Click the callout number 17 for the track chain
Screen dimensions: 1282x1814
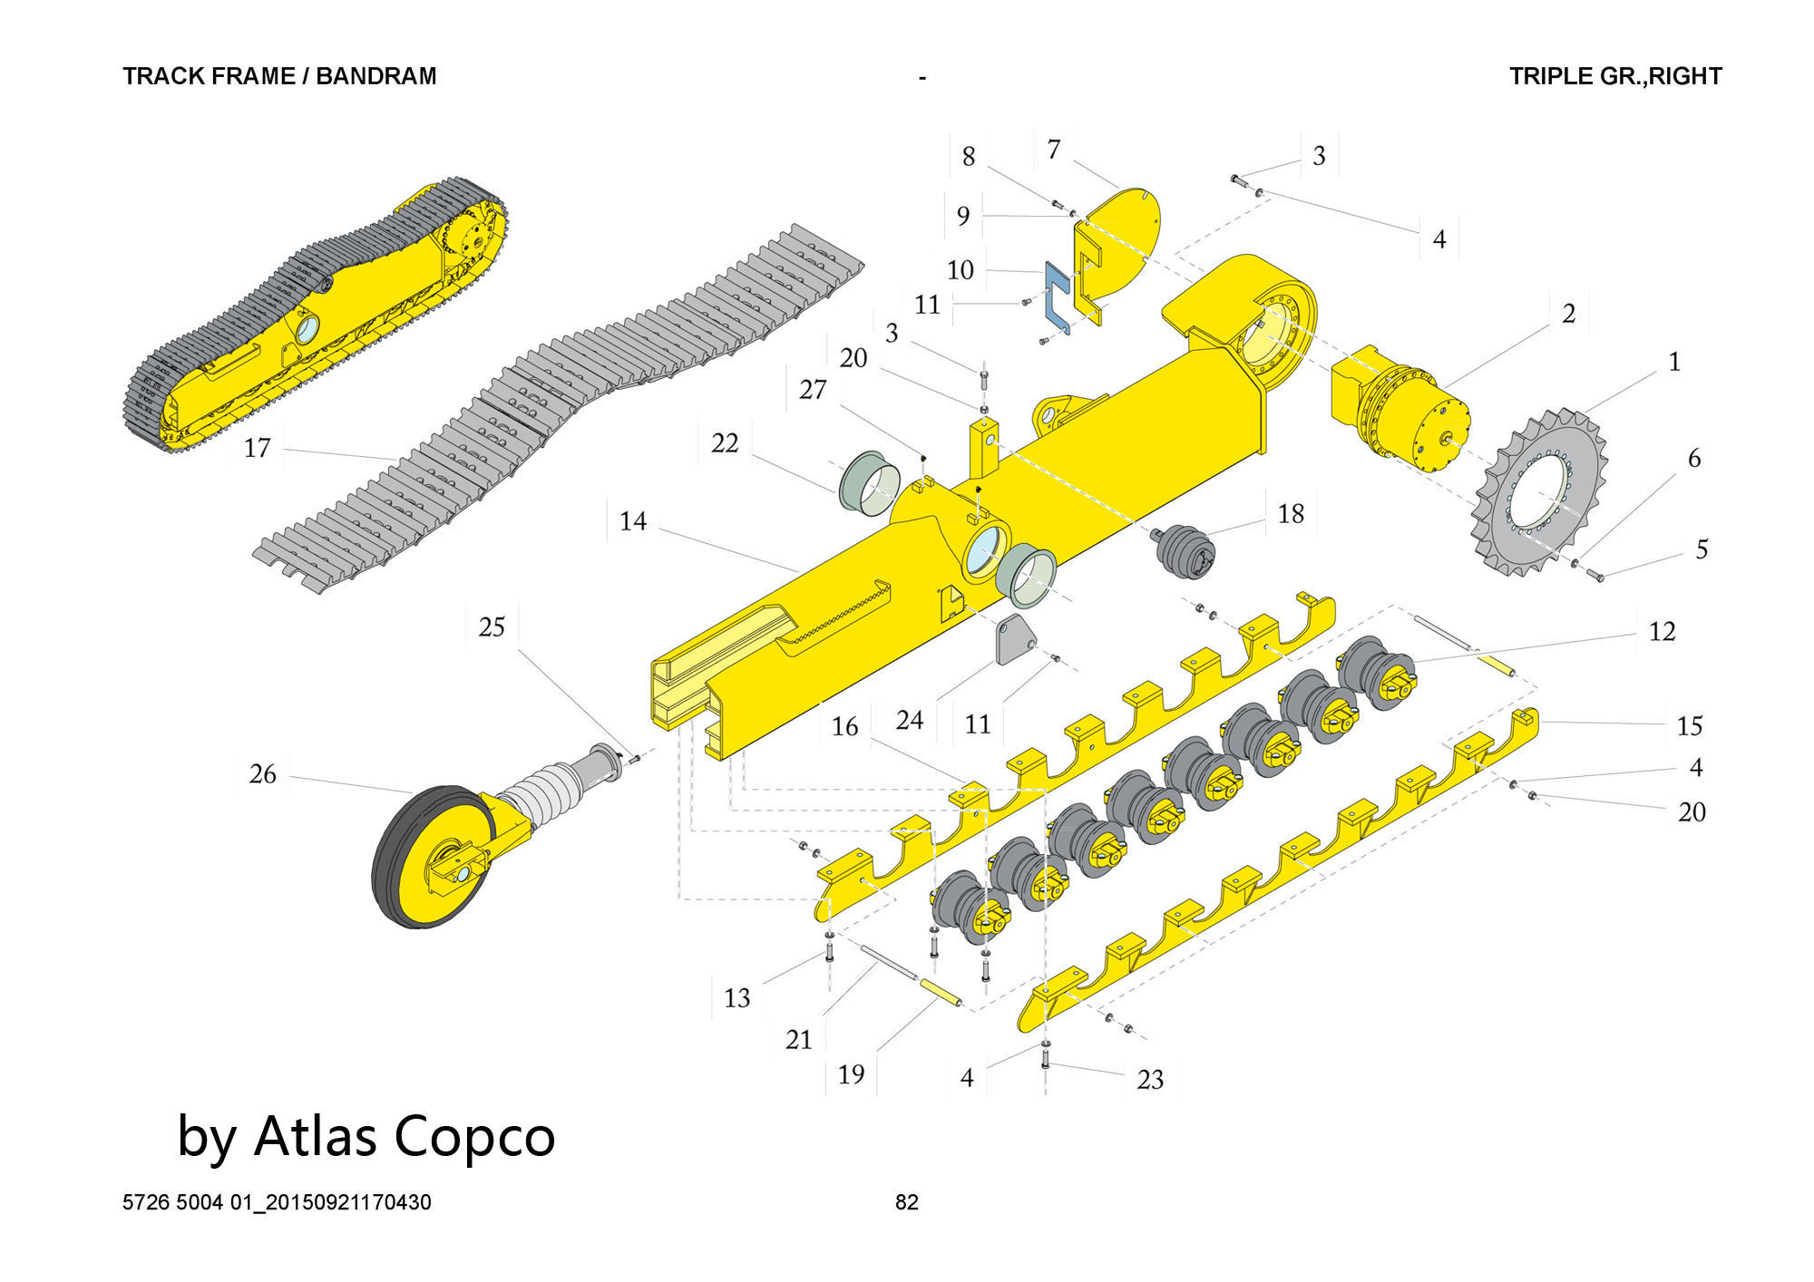click(x=258, y=448)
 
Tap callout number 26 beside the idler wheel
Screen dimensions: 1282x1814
click(x=262, y=774)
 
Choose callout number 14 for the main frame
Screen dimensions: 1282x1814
click(x=633, y=521)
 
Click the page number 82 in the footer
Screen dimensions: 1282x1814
click(x=907, y=1202)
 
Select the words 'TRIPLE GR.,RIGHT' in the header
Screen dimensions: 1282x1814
click(x=1615, y=76)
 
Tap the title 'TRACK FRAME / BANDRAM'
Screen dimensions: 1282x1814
click(x=279, y=76)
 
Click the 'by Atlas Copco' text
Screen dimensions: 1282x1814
click(x=366, y=1136)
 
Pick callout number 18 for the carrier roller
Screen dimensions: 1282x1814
click(x=1290, y=514)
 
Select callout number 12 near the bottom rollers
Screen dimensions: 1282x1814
click(x=1662, y=632)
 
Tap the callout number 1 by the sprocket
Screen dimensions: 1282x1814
click(x=1674, y=362)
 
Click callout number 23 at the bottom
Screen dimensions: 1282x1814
click(x=1150, y=1080)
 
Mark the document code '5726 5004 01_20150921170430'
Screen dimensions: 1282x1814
click(x=277, y=1202)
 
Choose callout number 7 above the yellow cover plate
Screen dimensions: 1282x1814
click(x=1053, y=150)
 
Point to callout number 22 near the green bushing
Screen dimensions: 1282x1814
click(x=725, y=443)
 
